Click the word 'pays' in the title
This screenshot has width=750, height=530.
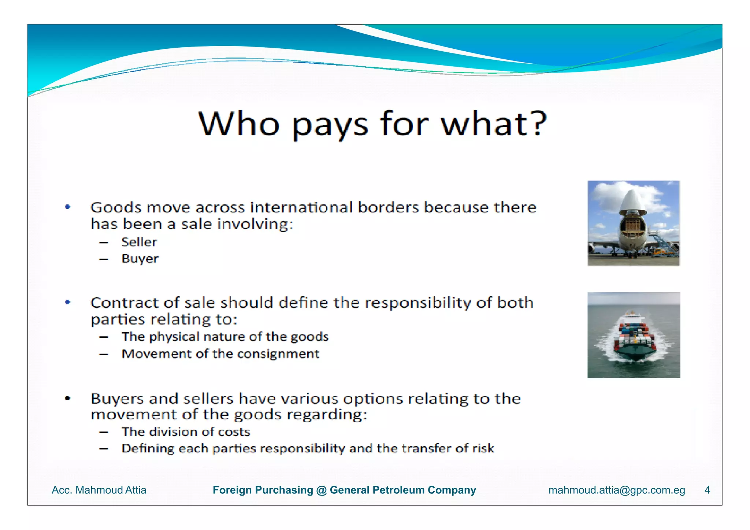coord(330,125)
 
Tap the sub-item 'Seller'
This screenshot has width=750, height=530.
coord(139,242)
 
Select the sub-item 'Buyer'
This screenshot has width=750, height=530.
coord(140,259)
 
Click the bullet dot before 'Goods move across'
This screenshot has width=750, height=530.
coord(67,207)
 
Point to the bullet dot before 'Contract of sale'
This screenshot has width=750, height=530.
coord(67,303)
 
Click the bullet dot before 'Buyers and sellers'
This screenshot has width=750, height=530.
coord(67,399)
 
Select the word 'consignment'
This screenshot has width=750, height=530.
coord(278,354)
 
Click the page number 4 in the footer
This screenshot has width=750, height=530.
coord(707,490)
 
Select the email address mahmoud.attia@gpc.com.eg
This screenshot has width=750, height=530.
coord(617,490)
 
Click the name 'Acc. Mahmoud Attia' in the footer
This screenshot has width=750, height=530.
coord(99,490)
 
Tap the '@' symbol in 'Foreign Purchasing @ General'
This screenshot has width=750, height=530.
coord(321,490)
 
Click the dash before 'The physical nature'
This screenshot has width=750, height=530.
coord(104,337)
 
